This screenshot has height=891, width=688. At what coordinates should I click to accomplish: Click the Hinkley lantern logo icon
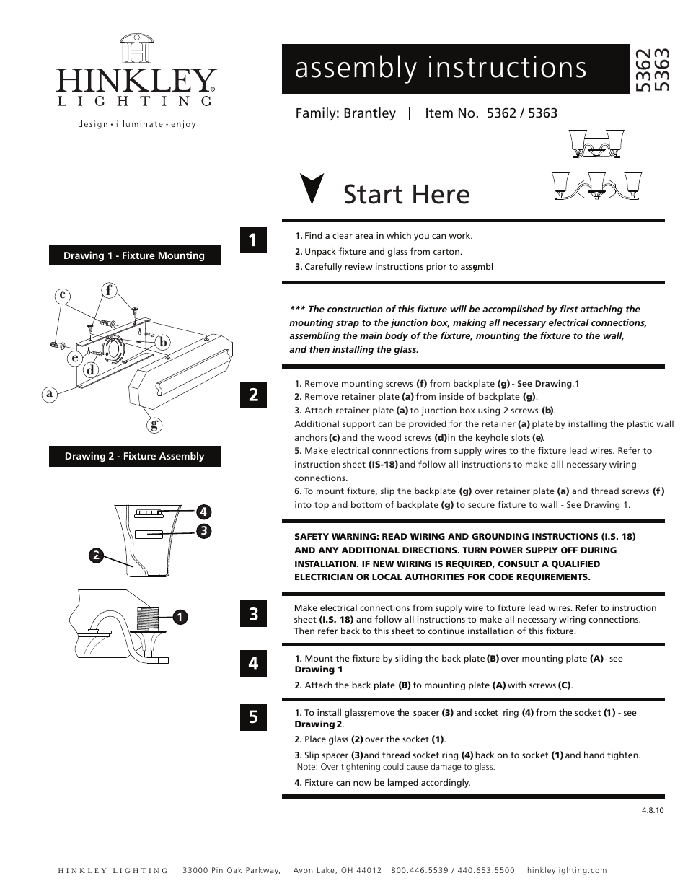(x=136, y=50)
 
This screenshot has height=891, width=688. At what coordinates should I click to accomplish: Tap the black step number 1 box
(x=253, y=240)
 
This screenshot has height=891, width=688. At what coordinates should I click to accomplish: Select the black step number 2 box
(x=253, y=395)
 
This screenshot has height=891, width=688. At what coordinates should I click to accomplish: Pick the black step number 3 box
(x=253, y=615)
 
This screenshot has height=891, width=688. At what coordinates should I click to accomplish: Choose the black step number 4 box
(x=253, y=662)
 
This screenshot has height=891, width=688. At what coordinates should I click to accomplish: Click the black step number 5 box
(x=253, y=717)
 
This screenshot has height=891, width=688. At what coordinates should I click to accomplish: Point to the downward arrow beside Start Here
(x=312, y=189)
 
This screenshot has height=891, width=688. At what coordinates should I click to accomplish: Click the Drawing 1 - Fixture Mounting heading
(x=134, y=255)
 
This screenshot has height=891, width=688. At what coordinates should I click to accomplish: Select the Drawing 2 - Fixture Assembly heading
(x=134, y=456)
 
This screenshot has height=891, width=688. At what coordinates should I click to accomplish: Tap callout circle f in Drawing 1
(x=109, y=291)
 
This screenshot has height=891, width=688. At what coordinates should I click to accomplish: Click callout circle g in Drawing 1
(x=154, y=424)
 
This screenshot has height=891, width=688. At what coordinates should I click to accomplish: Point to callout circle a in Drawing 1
(x=50, y=393)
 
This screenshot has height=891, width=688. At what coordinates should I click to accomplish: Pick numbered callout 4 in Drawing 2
(x=204, y=512)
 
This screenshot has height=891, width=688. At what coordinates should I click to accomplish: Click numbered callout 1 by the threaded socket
(x=179, y=617)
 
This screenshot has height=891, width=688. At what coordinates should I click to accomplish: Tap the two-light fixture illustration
(x=596, y=144)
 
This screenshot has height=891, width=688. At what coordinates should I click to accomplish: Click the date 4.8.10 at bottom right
(x=651, y=810)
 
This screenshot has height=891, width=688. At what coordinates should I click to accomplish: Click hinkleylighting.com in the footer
(x=567, y=870)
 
